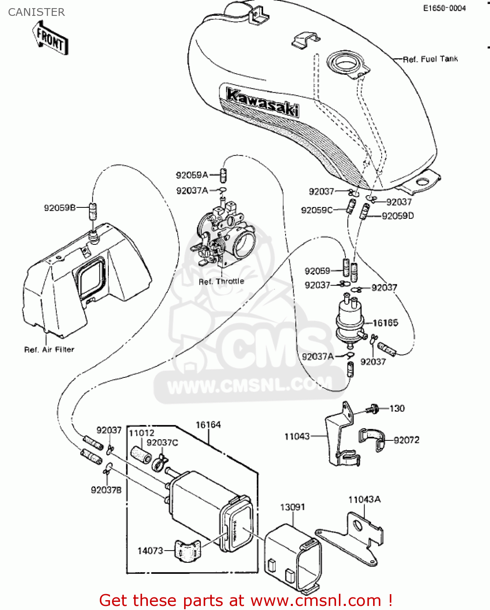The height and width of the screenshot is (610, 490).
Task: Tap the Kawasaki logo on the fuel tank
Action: point(262,102)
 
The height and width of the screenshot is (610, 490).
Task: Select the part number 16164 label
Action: point(208,425)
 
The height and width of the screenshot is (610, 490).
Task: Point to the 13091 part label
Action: point(292,507)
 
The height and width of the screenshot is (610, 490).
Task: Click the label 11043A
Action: point(364,499)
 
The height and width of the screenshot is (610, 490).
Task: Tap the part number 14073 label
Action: point(150,551)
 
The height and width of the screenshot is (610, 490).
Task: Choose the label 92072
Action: point(406,440)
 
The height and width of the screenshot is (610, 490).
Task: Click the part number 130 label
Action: point(397,408)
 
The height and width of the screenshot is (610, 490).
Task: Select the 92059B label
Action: point(60,208)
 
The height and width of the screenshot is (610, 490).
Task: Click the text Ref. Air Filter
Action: point(49,349)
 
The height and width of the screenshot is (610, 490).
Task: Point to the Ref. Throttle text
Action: point(221,281)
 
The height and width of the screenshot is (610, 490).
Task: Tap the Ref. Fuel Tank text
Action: point(430,59)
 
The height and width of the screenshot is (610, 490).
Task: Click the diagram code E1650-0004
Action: point(444,8)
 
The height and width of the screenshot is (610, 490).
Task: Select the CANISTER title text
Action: point(36,12)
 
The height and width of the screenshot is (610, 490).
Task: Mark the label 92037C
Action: point(162,442)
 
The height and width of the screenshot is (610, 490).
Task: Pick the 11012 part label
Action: point(141,433)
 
